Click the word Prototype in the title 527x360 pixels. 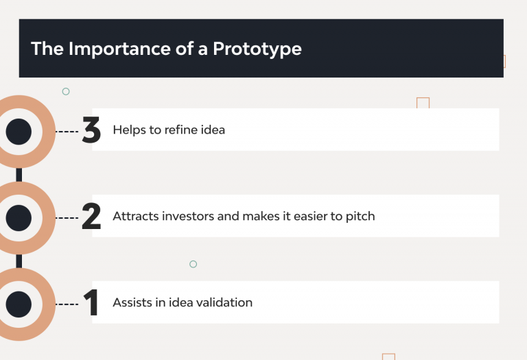pyautogui.click(x=257, y=49)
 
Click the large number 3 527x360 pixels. pyautogui.click(x=91, y=130)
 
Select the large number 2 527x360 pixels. pyautogui.click(x=91, y=217)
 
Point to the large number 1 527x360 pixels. pyautogui.click(x=91, y=303)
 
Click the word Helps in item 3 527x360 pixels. pyautogui.click(x=129, y=130)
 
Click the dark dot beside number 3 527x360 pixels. pyautogui.click(x=19, y=131)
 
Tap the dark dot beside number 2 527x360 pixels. pyautogui.click(x=19, y=217)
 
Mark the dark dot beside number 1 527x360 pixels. pyautogui.click(x=19, y=304)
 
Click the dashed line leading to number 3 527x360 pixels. pyautogui.click(x=67, y=131)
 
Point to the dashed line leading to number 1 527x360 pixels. pyautogui.click(x=67, y=304)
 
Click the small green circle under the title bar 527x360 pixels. pyautogui.click(x=66, y=91)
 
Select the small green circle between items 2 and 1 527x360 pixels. pyautogui.click(x=193, y=264)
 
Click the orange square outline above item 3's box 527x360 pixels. pyautogui.click(x=423, y=102)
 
